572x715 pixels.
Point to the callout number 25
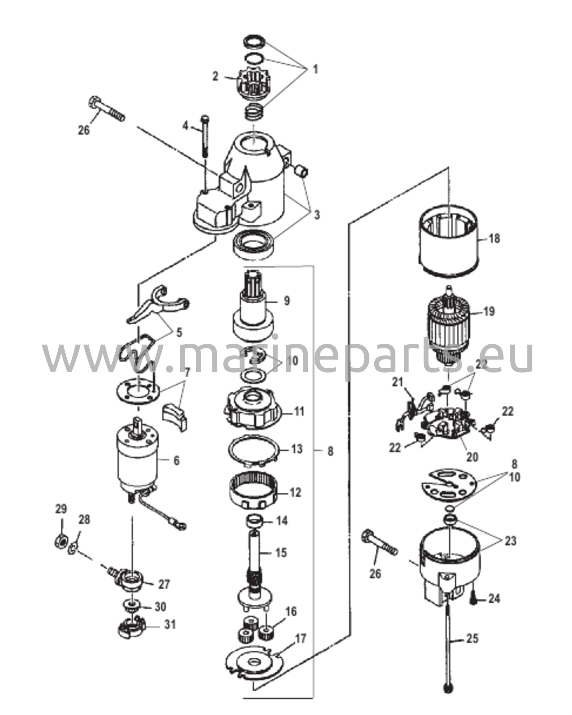tap(471, 639)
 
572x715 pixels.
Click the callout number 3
tap(316, 215)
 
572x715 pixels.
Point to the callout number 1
tap(315, 69)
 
